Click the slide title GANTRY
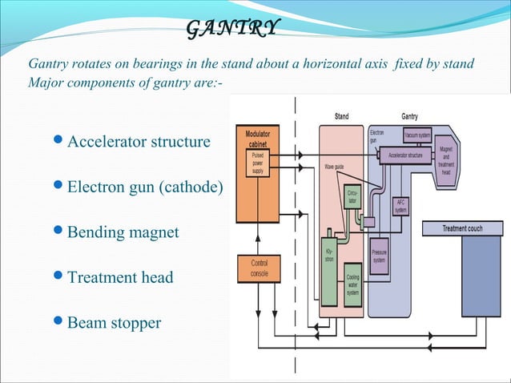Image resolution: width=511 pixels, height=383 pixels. [233, 29]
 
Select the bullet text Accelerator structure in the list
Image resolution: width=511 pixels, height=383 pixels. [139, 142]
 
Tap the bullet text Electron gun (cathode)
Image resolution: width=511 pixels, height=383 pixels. [145, 188]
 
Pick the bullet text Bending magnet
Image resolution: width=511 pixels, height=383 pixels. [123, 232]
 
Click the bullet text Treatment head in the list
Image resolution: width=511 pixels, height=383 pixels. [120, 278]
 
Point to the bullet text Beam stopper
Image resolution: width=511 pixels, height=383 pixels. [114, 323]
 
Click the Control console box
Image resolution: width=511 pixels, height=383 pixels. [259, 268]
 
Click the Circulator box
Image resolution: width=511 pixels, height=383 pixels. [352, 198]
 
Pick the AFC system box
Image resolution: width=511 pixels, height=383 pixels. [401, 207]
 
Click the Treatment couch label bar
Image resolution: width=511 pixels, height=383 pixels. [463, 228]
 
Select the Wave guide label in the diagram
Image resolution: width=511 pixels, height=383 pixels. [335, 167]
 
